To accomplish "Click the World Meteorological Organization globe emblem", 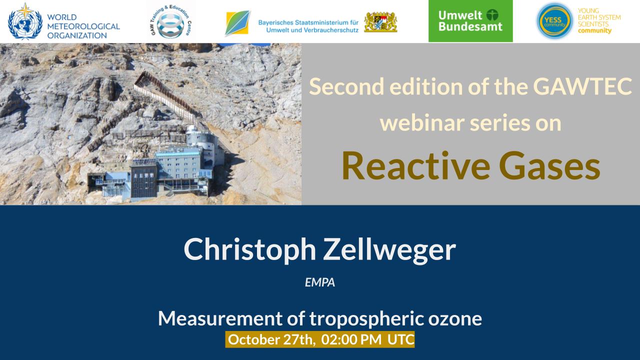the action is tap(25, 21).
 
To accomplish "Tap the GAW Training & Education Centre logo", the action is tap(171, 21).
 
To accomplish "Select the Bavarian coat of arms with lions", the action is tap(380, 22).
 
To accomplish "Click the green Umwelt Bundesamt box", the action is tap(470, 21).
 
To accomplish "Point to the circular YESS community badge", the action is tap(554, 21).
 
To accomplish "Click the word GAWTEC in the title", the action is tap(582, 86).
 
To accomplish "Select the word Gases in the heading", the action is tap(549, 166).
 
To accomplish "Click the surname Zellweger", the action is tap(389, 249).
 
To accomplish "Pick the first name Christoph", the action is tap(249, 249).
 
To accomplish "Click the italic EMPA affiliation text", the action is tap(320, 282).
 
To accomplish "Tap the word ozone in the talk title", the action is tap(455, 318).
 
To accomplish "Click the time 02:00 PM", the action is tap(351, 339).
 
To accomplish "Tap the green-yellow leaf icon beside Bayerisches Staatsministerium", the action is tap(237, 23).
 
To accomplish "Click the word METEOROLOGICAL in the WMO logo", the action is tap(83, 26).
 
